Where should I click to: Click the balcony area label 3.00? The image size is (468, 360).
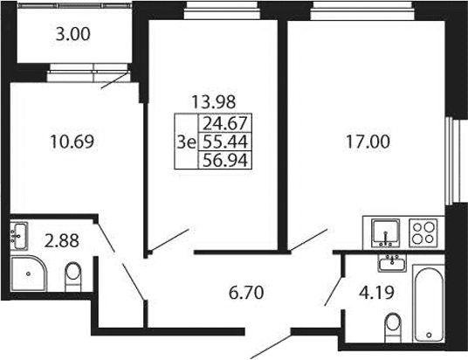pyautogui.click(x=72, y=34)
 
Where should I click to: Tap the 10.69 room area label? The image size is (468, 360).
pyautogui.click(x=72, y=142)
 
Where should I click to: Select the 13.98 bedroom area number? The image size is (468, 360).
pyautogui.click(x=213, y=102)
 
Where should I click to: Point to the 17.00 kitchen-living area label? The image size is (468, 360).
pyautogui.click(x=368, y=142)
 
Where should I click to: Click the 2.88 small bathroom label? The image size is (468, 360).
pyautogui.click(x=61, y=241)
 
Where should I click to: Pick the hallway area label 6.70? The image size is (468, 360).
pyautogui.click(x=246, y=293)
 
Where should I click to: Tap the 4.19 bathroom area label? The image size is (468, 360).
pyautogui.click(x=376, y=293)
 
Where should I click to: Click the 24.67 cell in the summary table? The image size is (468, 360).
pyautogui.click(x=225, y=123)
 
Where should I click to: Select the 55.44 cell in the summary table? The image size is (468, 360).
pyautogui.click(x=225, y=142)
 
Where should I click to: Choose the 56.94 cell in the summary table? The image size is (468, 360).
pyautogui.click(x=225, y=161)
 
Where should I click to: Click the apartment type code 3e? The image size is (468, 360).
pyautogui.click(x=186, y=142)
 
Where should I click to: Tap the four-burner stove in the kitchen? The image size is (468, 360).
pyautogui.click(x=423, y=233)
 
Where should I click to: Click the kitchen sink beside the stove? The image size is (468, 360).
pyautogui.click(x=386, y=233)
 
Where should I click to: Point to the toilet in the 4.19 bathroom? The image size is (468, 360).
pyautogui.click(x=393, y=328)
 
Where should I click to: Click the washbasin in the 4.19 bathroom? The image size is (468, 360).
pyautogui.click(x=392, y=263)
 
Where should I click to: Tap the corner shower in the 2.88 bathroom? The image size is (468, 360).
pyautogui.click(x=29, y=273)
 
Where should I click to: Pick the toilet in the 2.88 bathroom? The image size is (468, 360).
pyautogui.click(x=73, y=277)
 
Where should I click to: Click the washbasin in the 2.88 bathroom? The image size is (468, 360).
pyautogui.click(x=19, y=236)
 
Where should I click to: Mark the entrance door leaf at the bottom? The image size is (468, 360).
pyautogui.click(x=271, y=347)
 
